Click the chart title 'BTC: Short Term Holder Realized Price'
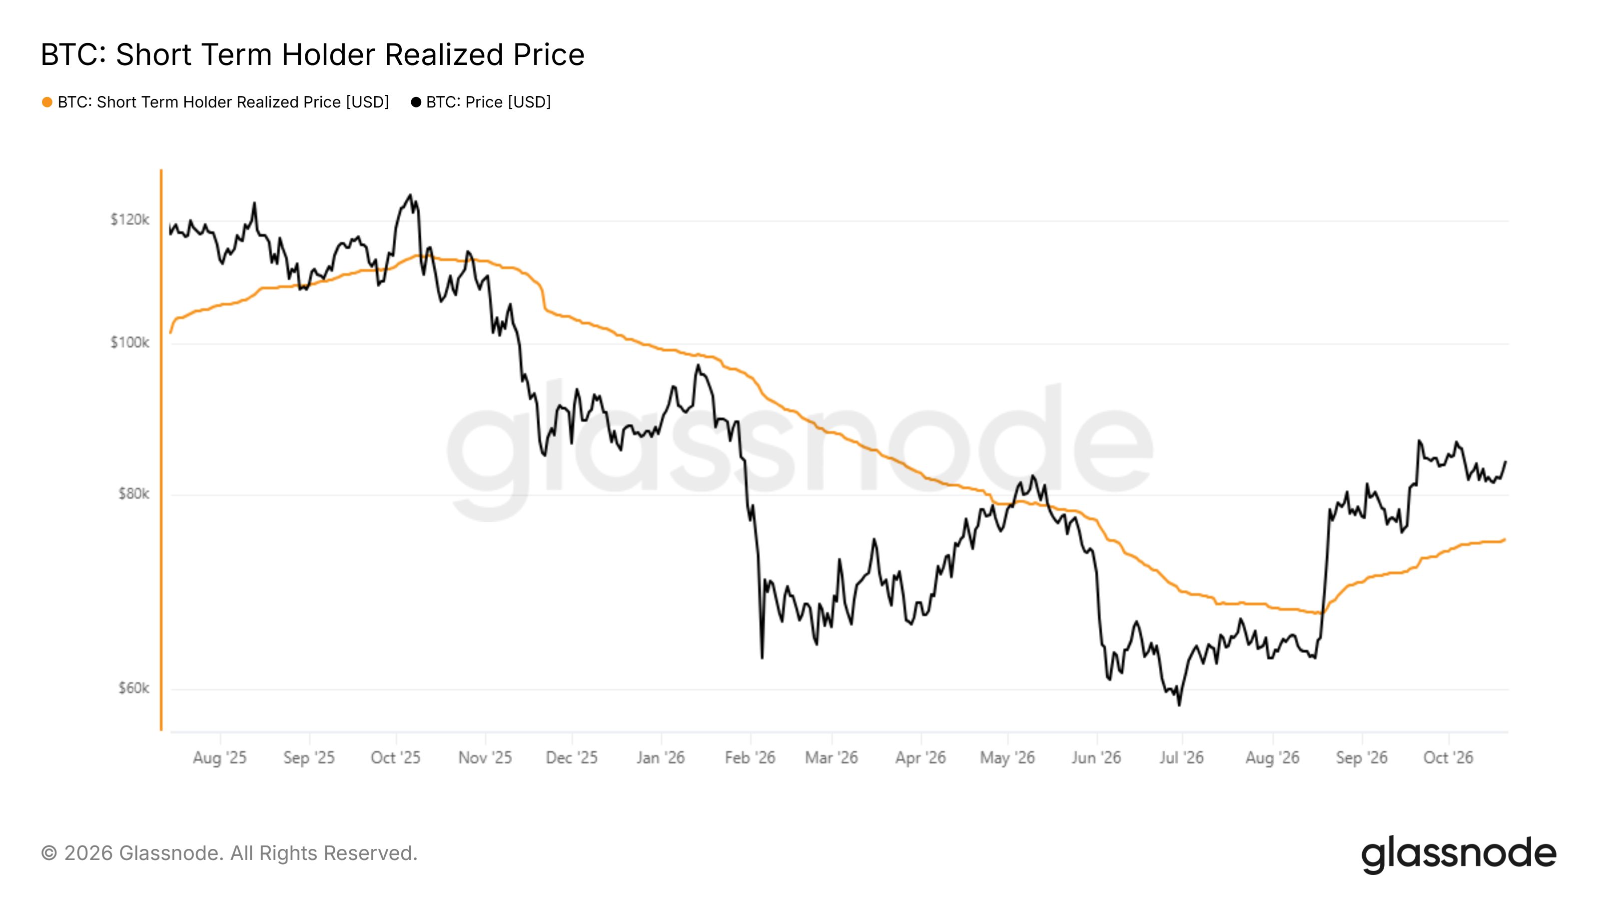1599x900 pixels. pyautogui.click(x=312, y=54)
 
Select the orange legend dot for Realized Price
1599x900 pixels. pyautogui.click(x=47, y=102)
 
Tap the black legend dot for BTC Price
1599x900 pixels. pyautogui.click(x=416, y=102)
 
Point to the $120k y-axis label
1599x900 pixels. pyautogui.click(x=130, y=219)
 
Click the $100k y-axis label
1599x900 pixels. pyautogui.click(x=130, y=342)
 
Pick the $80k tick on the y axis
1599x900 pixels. pyautogui.click(x=133, y=494)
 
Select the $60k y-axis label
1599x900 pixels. pyautogui.click(x=133, y=688)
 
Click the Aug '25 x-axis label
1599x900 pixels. pyautogui.click(x=220, y=758)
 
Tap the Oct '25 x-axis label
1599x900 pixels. pyautogui.click(x=395, y=758)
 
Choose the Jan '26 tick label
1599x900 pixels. pyautogui.click(x=661, y=758)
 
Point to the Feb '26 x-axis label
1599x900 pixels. pyautogui.click(x=750, y=758)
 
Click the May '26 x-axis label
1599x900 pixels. pyautogui.click(x=1007, y=758)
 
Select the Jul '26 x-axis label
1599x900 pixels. pyautogui.click(x=1181, y=758)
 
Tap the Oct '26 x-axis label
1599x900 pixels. pyautogui.click(x=1448, y=758)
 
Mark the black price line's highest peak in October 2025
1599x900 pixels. pyautogui.click(x=409, y=195)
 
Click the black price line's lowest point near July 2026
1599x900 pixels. pyautogui.click(x=1179, y=705)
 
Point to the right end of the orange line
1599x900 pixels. pyautogui.click(x=1505, y=539)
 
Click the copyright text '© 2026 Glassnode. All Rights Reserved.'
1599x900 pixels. pyautogui.click(x=229, y=853)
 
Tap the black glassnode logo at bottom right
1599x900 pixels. pyautogui.click(x=1459, y=855)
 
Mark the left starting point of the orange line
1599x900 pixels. pyautogui.click(x=170, y=333)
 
